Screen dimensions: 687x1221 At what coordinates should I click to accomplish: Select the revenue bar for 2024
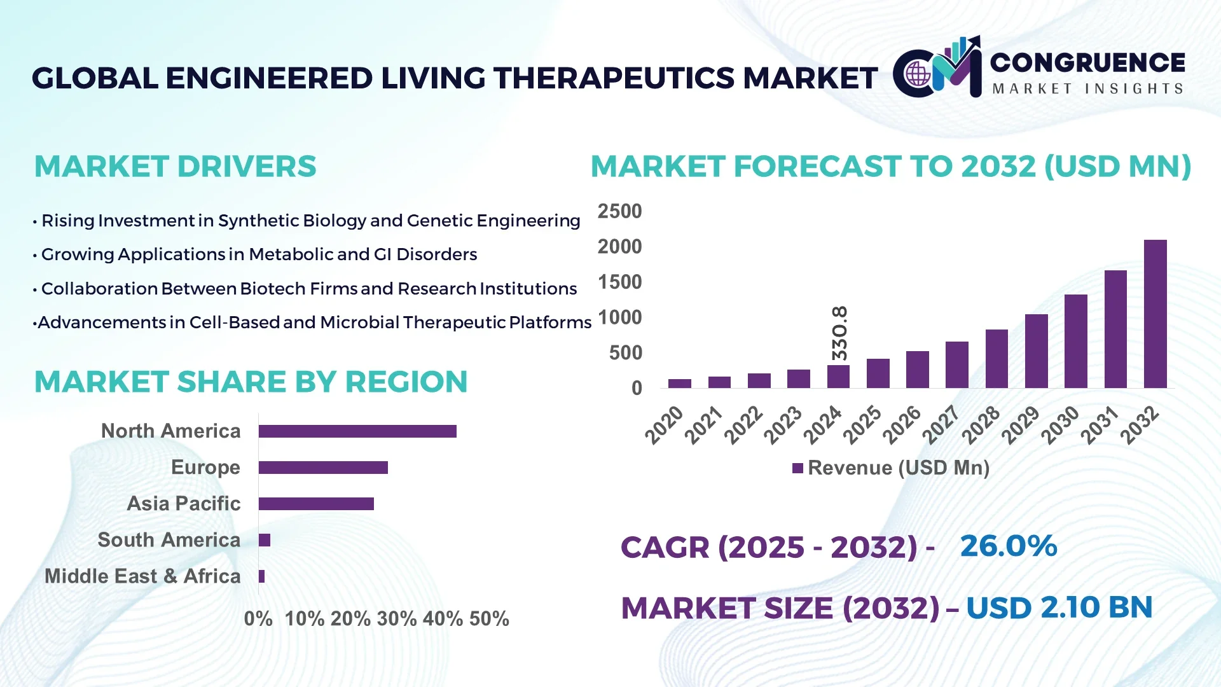[838, 377]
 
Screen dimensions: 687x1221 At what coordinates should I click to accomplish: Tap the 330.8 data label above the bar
[839, 333]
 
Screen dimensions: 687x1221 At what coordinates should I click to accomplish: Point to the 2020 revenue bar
[680, 384]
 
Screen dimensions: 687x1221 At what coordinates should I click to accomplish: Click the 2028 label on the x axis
[981, 424]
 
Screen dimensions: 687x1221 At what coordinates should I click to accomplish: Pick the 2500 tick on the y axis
[619, 211]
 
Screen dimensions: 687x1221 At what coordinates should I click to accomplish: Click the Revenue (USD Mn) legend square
[797, 469]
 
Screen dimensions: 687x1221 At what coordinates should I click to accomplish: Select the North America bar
[357, 431]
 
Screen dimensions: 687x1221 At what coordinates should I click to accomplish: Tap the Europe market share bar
[323, 468]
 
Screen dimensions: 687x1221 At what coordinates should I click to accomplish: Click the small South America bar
[265, 540]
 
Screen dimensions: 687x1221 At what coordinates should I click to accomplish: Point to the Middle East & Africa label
[142, 576]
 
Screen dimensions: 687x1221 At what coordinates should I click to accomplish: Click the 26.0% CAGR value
[1008, 546]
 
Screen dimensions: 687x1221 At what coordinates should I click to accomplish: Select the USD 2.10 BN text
[1059, 607]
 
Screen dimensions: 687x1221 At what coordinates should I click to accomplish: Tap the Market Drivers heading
[175, 167]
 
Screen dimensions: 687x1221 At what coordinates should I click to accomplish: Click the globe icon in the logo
[918, 74]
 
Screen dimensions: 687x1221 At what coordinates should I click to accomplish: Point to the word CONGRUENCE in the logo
[1087, 62]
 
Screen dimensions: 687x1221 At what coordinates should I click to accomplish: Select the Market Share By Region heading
[251, 382]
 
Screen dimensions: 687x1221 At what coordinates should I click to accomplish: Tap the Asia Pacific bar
[316, 504]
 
